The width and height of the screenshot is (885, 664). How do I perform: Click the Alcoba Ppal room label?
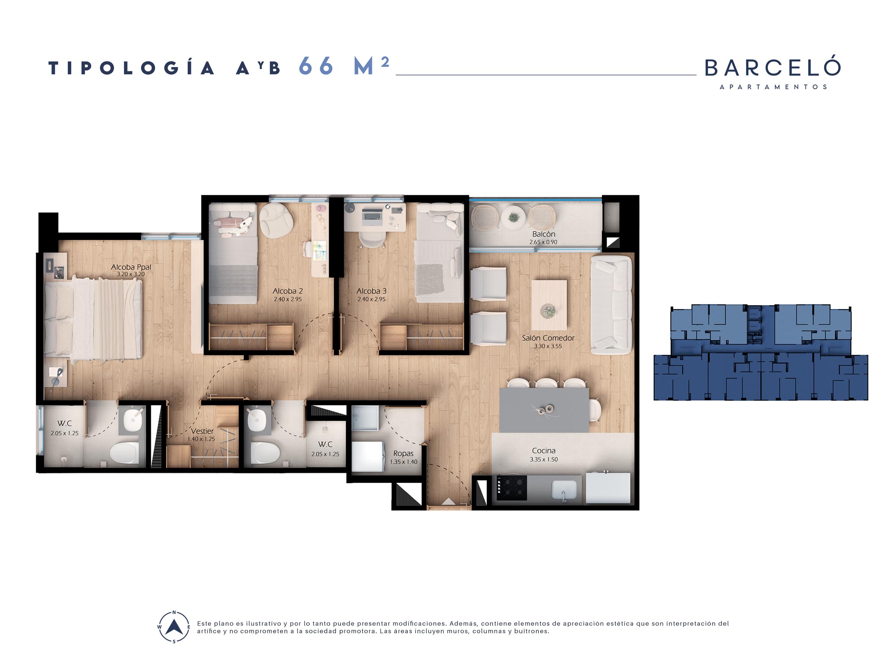pyautogui.click(x=131, y=267)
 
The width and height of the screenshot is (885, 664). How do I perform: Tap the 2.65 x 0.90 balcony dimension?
pyautogui.click(x=543, y=242)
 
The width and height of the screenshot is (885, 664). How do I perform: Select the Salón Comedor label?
pyautogui.click(x=548, y=338)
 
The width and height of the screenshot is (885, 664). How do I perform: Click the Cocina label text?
pyautogui.click(x=544, y=450)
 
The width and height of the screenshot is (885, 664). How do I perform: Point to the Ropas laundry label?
pyautogui.click(x=403, y=453)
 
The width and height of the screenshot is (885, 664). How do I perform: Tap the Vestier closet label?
pyautogui.click(x=202, y=431)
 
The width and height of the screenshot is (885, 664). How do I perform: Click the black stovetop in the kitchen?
pyautogui.click(x=512, y=488)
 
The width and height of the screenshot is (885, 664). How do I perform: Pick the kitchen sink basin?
pyautogui.click(x=564, y=490)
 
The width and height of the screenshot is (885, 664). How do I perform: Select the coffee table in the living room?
pyautogui.click(x=549, y=305)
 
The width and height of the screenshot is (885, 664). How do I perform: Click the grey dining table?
pyautogui.click(x=544, y=410)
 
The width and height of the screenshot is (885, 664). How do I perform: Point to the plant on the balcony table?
pyautogui.click(x=514, y=217)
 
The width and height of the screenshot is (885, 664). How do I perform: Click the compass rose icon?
pyautogui.click(x=174, y=627)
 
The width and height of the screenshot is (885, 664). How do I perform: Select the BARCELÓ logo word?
pyautogui.click(x=773, y=67)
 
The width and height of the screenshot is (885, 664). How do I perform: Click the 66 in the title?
pyautogui.click(x=316, y=66)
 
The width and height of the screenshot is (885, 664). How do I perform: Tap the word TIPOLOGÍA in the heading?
pyautogui.click(x=131, y=68)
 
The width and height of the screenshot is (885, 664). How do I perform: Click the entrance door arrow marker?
pyautogui.click(x=449, y=501)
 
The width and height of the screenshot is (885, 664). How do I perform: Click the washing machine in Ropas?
pyautogui.click(x=367, y=456)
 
